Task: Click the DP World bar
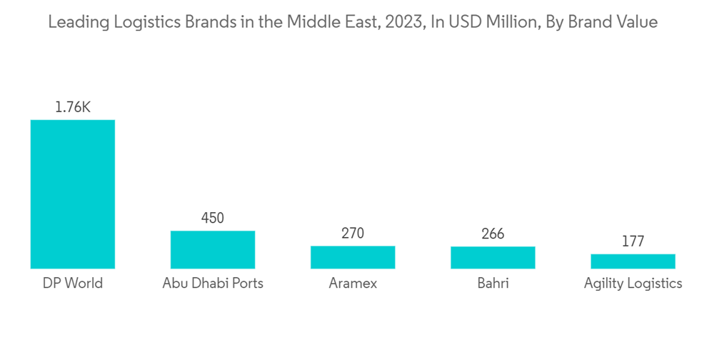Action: coord(72,194)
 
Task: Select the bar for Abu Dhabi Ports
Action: coord(212,249)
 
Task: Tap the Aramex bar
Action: coord(353,257)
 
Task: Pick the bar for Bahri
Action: coord(493,257)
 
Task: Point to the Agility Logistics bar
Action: coord(633,261)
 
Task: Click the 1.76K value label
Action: coord(72,108)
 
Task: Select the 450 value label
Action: coord(212,219)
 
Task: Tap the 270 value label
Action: coord(353,234)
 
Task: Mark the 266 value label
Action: coord(493,234)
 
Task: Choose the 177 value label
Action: coord(633,241)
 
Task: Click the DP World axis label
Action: coord(72,284)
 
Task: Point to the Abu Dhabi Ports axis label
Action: coord(212,284)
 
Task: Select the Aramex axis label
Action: coord(353,284)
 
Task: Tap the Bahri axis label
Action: coord(493,284)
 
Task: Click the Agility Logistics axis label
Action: coord(633,284)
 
